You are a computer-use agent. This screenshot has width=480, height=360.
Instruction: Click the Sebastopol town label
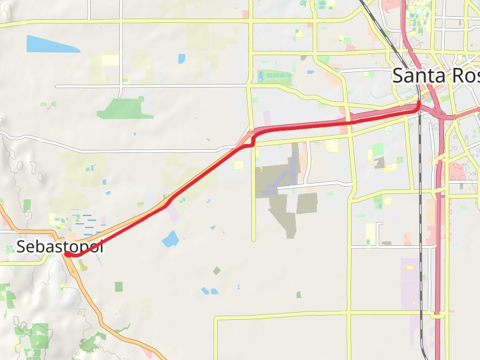[60, 246]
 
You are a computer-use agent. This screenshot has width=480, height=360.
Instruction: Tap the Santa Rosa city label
[435, 76]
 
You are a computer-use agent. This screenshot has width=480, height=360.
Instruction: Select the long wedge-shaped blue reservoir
[50, 44]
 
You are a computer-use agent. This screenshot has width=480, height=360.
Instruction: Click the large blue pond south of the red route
[170, 239]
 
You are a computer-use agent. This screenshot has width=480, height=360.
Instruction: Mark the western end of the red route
[68, 254]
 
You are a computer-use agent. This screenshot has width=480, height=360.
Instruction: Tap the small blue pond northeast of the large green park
[182, 58]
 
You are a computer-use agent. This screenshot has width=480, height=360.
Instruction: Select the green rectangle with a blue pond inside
[274, 77]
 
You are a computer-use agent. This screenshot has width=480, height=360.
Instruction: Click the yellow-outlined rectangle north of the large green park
[110, 60]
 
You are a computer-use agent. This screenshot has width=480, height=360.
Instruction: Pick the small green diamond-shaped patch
[217, 271]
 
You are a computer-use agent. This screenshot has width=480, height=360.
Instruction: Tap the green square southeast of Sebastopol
[119, 286]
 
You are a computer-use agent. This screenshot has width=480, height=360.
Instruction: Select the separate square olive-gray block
[307, 203]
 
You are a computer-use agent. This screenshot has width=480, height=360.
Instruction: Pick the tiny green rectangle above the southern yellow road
[299, 295]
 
